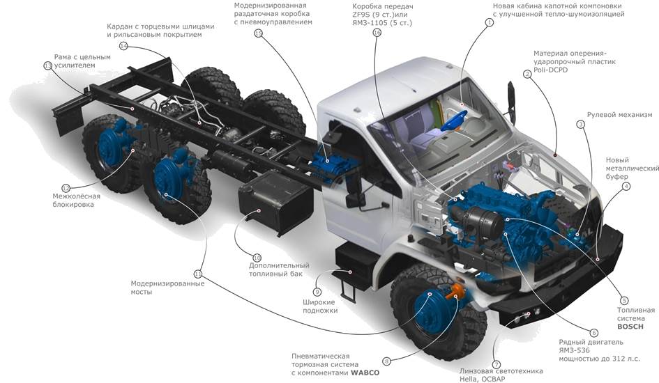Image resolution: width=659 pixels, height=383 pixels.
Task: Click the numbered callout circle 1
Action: (x=490, y=23)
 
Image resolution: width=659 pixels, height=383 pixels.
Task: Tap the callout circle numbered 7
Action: (x=497, y=364)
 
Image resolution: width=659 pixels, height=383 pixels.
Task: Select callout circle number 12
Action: (x=66, y=188)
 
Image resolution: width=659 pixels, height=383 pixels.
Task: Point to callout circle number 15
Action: (x=259, y=33)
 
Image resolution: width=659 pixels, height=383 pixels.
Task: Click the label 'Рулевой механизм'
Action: (x=619, y=115)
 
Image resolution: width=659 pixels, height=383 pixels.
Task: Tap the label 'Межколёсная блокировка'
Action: (x=76, y=201)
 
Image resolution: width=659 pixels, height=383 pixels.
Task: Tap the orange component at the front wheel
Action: (x=457, y=291)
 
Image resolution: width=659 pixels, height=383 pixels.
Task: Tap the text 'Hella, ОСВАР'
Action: (x=483, y=379)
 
